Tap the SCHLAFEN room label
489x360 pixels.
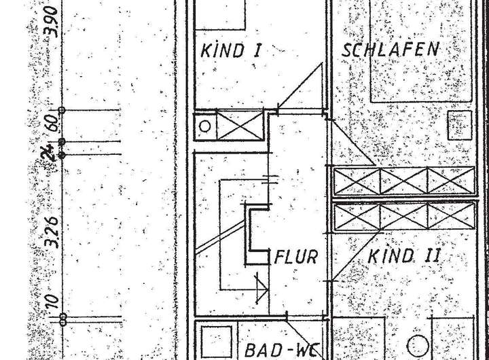pos(391,50)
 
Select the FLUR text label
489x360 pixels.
pos(296,257)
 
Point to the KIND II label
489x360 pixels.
pos(405,257)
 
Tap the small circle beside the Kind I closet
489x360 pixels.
pos(204,125)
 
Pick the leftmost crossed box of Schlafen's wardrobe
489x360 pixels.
pos(356,180)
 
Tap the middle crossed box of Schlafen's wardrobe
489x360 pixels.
pos(403,180)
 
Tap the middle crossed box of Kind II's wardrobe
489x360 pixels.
pos(403,216)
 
